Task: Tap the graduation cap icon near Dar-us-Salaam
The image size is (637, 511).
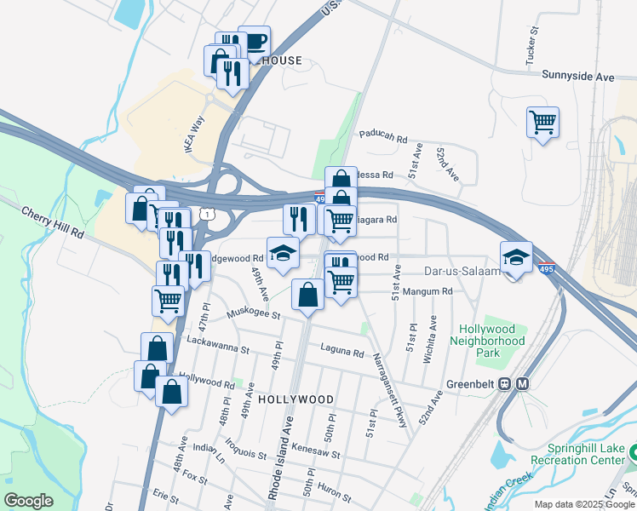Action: pyautogui.click(x=515, y=258)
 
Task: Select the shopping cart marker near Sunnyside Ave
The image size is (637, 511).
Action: pyautogui.click(x=542, y=123)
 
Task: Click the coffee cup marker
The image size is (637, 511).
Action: pyautogui.click(x=255, y=41)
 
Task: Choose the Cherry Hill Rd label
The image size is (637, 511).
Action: pyautogui.click(x=53, y=221)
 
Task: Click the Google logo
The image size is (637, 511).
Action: pyautogui.click(x=28, y=501)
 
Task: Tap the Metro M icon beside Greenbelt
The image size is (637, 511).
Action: pyautogui.click(x=522, y=383)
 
